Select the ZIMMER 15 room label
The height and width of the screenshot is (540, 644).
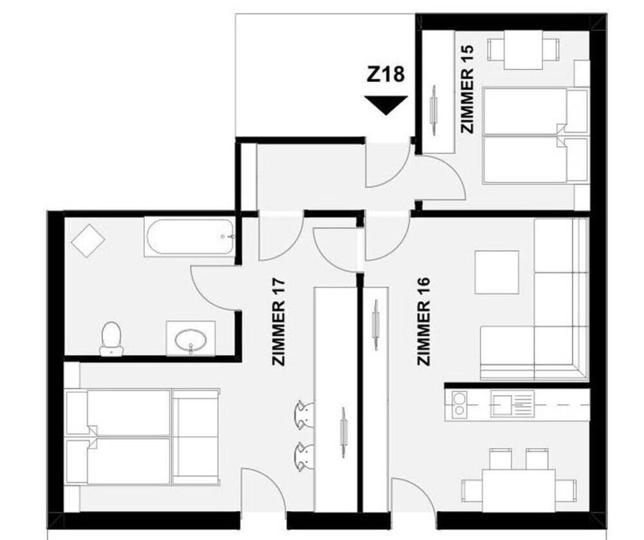tap(468, 88)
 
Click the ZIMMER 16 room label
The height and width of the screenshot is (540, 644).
tap(424, 321)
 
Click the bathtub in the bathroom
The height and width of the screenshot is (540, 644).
tap(190, 237)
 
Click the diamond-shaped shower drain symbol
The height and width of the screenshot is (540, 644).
tap(88, 241)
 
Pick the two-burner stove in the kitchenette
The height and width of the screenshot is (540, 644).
tap(459, 403)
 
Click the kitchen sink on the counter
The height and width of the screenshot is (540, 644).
tap(513, 404)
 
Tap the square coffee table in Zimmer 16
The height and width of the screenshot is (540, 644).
tap(497, 271)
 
